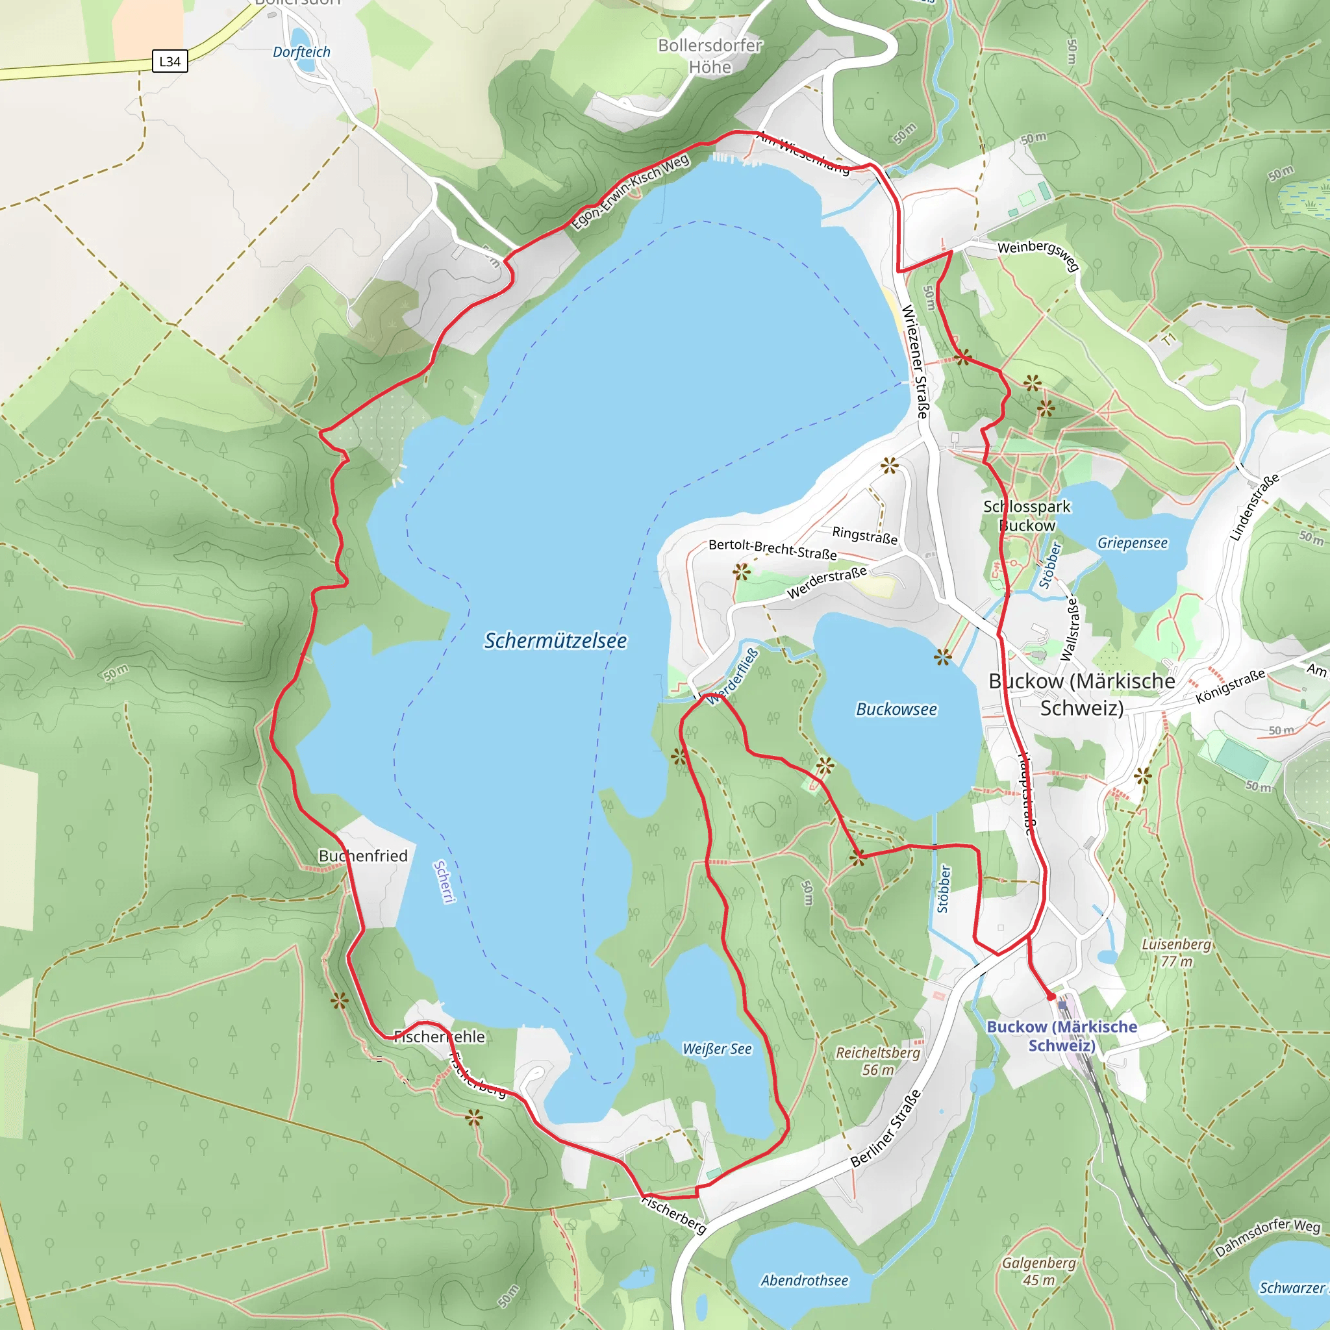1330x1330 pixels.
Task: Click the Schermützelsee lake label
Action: click(x=555, y=641)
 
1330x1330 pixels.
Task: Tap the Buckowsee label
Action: click(x=896, y=709)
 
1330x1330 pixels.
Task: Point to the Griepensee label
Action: click(x=1133, y=542)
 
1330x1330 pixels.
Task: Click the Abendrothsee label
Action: click(x=804, y=1281)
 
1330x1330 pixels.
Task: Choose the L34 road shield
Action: click(x=169, y=61)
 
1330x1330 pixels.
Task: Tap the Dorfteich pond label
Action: click(x=301, y=53)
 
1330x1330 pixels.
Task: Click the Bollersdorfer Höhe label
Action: click(x=710, y=56)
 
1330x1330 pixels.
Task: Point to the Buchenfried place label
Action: click(x=363, y=856)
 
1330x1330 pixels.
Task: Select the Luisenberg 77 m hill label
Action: click(x=1176, y=953)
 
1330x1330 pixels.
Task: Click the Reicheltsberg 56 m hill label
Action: click(x=878, y=1061)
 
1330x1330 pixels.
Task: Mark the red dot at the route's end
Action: click(x=1051, y=996)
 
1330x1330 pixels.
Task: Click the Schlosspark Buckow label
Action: click(x=1027, y=516)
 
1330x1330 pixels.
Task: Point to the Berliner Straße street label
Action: click(x=885, y=1129)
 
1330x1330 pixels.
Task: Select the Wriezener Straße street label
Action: click(x=916, y=362)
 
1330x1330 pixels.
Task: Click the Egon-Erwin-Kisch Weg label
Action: click(x=631, y=192)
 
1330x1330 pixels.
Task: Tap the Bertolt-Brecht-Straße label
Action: click(x=772, y=549)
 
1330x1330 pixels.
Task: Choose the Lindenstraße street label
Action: click(x=1254, y=507)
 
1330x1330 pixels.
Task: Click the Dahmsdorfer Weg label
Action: click(x=1268, y=1237)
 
